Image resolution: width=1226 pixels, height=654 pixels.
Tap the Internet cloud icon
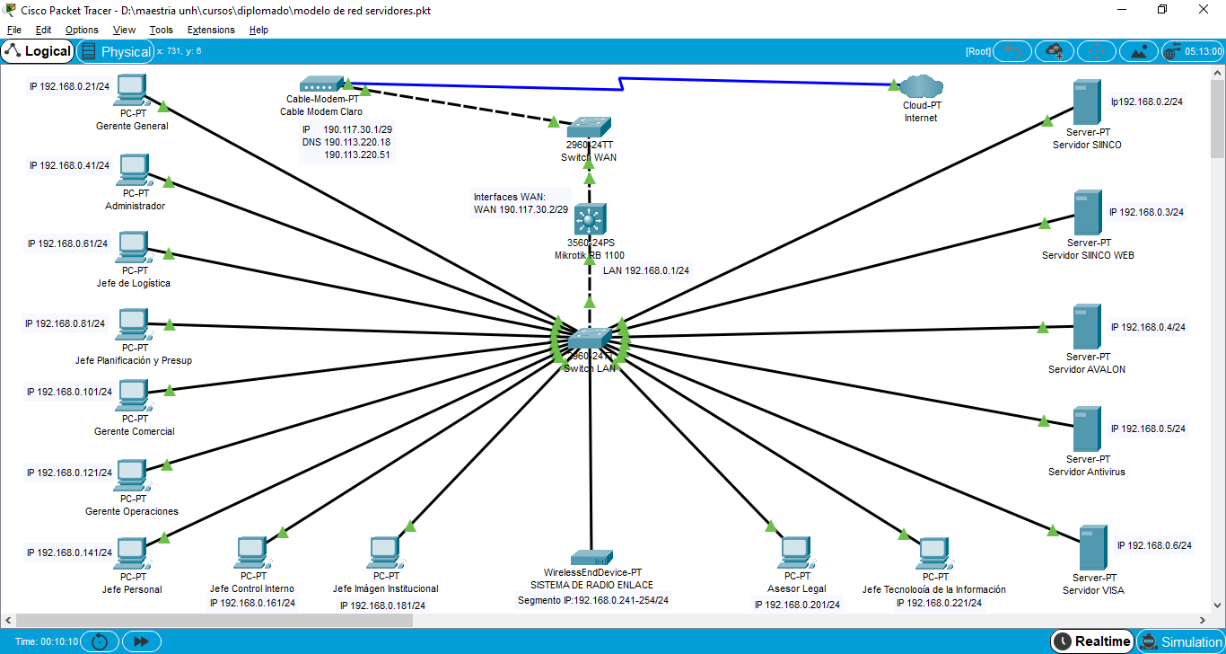(x=921, y=87)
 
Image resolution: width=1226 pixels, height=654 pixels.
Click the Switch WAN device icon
(x=590, y=126)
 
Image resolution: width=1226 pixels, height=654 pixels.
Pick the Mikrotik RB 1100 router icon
(x=590, y=219)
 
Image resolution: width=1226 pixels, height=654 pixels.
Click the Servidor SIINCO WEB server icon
(x=1088, y=213)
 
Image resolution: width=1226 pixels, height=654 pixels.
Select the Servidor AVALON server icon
(x=1087, y=327)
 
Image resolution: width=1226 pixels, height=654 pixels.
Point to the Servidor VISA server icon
(x=1092, y=547)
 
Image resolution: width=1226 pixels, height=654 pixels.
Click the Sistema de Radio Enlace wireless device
(x=592, y=558)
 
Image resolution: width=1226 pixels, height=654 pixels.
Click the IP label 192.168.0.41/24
(x=69, y=165)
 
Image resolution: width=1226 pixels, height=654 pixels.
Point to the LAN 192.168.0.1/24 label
(x=645, y=270)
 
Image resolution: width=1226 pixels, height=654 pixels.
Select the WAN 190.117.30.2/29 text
(x=521, y=209)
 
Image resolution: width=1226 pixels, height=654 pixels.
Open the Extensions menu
(x=211, y=30)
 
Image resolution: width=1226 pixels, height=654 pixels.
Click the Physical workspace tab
(x=116, y=51)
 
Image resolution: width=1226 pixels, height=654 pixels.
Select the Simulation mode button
(x=1180, y=641)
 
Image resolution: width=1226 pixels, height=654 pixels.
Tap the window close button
(x=1204, y=10)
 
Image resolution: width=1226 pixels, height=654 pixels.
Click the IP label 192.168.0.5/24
(x=1148, y=429)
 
